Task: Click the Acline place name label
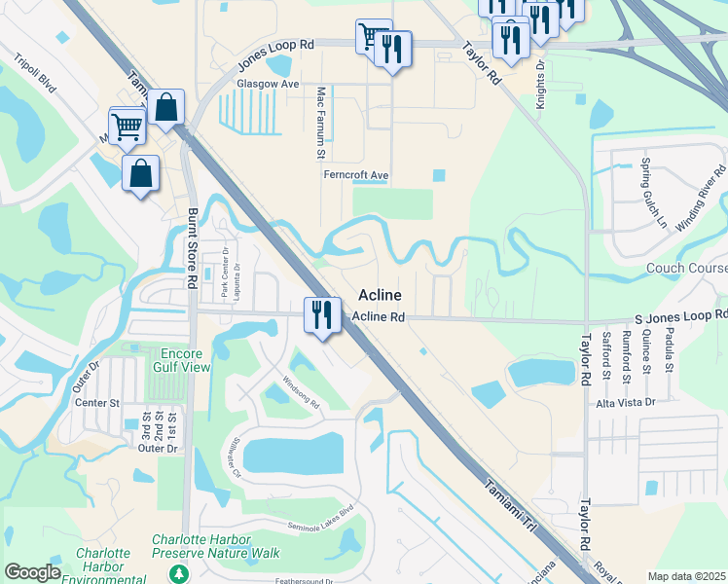pyautogui.click(x=382, y=294)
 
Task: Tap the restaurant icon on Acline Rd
pyautogui.click(x=320, y=315)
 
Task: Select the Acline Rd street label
pyautogui.click(x=379, y=317)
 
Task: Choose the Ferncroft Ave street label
pyautogui.click(x=356, y=175)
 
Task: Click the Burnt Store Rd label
pyautogui.click(x=193, y=246)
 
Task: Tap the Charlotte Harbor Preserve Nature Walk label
pyautogui.click(x=215, y=546)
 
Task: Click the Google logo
pyautogui.click(x=33, y=571)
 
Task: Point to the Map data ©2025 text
pyautogui.click(x=686, y=576)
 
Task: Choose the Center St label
pyautogui.click(x=99, y=402)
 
